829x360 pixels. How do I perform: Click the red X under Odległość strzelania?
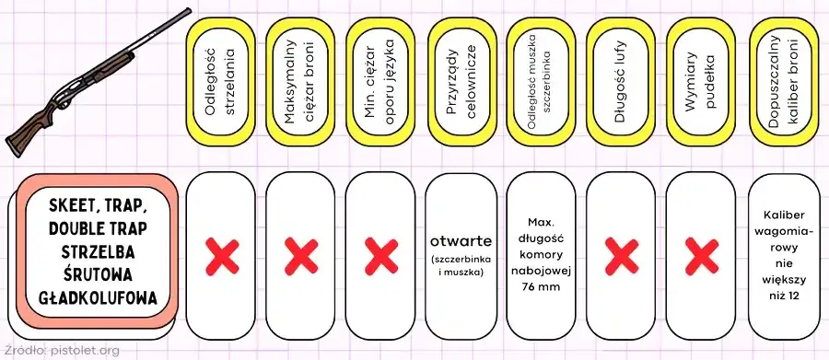tap(222, 256)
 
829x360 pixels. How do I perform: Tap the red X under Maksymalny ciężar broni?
tap(301, 256)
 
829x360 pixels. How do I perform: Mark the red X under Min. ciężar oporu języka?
tap(381, 256)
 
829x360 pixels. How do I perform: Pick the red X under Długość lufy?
tap(622, 256)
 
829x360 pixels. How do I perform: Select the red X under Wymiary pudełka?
tap(702, 256)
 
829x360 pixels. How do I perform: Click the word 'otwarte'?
tap(461, 241)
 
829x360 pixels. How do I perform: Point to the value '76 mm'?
tap(541, 287)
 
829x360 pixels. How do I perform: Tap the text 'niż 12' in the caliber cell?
tap(784, 296)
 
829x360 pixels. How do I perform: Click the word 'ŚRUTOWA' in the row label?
tap(99, 275)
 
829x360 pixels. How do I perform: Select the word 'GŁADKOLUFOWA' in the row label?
tap(99, 298)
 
